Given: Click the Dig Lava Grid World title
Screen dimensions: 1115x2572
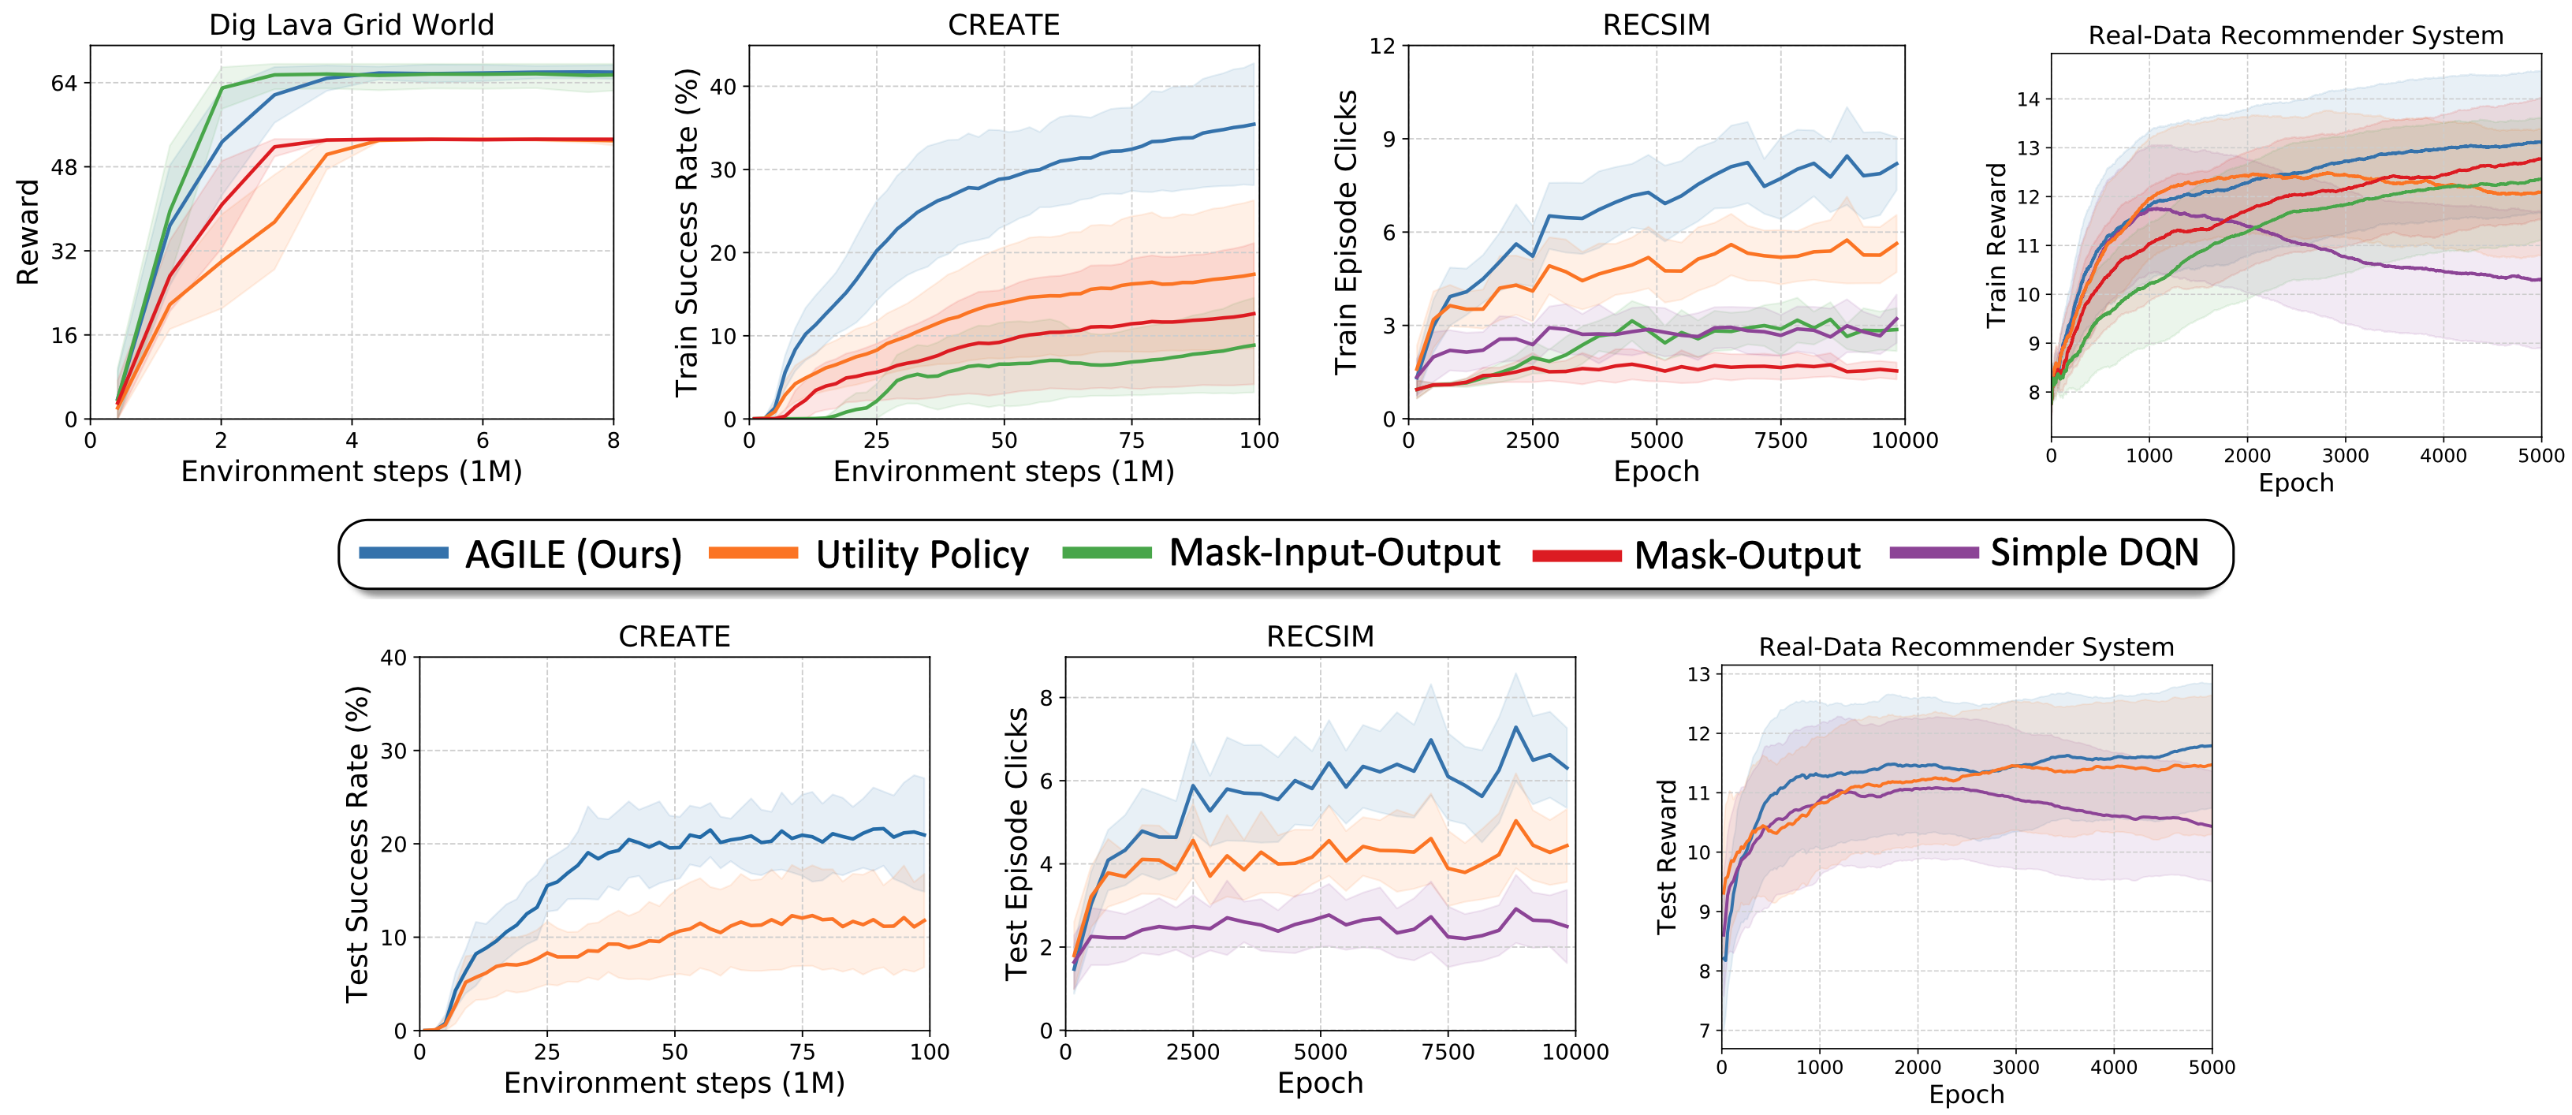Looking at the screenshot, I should click(352, 25).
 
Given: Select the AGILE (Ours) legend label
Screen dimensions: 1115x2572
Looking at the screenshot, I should click(573, 555).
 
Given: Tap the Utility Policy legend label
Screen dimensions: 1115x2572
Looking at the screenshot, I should click(922, 555).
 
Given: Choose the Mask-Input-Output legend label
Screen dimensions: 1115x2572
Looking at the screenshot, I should click(1334, 553).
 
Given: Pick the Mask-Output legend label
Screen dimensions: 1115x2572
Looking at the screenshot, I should click(1747, 556).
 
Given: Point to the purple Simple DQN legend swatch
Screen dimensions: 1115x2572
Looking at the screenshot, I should click(1934, 553).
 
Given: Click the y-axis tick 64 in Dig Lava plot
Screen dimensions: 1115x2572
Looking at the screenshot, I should click(64, 84).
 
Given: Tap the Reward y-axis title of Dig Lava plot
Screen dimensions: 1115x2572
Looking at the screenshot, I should click(28, 233).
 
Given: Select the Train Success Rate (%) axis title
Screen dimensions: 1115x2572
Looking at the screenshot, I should click(686, 233).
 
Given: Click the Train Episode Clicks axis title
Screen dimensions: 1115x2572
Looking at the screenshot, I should click(1346, 233).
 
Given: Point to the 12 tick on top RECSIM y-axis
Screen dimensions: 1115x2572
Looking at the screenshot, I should click(1382, 46).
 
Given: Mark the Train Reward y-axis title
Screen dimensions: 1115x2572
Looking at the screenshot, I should click(1996, 245).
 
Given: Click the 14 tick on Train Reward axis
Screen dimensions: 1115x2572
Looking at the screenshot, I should click(2028, 99).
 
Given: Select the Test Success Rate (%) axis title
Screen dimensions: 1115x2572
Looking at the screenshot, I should click(356, 844).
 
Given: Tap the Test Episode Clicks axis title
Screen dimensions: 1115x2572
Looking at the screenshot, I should click(1016, 844).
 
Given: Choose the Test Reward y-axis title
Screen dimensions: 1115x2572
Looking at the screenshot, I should click(1666, 856).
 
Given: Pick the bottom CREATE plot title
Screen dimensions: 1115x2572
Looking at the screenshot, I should click(674, 637).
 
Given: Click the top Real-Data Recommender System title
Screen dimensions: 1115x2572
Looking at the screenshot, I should click(2295, 36).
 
